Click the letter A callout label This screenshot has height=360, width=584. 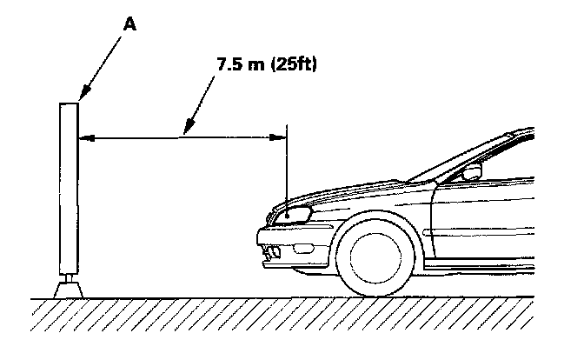129,24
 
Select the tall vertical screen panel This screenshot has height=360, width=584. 68,187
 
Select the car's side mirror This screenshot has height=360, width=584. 471,174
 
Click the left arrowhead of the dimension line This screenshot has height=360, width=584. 83,136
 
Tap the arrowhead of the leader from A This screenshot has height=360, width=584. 81,97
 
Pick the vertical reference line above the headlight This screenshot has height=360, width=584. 286,165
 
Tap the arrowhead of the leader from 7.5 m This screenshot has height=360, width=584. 184,133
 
